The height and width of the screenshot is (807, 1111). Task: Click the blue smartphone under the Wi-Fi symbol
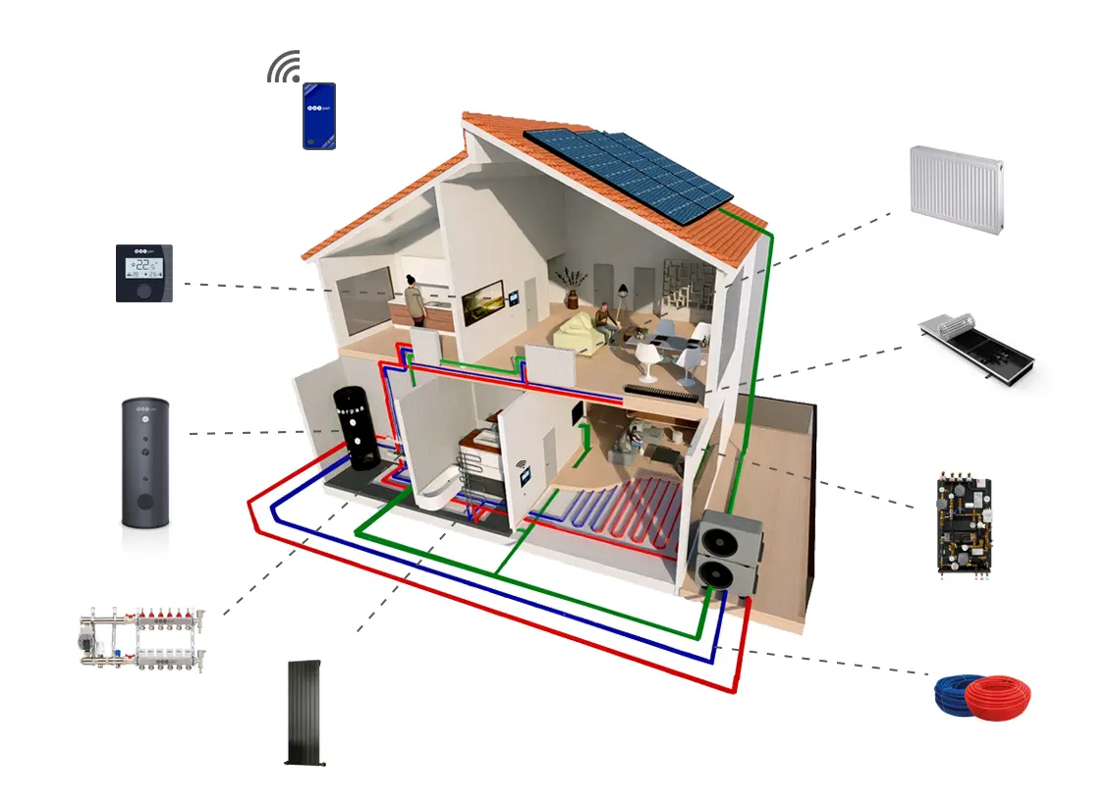pos(319,116)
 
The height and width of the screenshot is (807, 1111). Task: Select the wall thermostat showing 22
pos(144,272)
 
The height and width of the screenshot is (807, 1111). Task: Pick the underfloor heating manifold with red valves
pos(142,640)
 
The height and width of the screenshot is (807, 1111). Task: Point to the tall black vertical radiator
pos(306,713)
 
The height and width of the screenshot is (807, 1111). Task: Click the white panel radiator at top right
pos(956,189)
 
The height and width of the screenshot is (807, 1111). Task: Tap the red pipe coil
pos(999,698)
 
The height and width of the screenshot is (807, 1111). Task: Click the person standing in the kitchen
pos(416,300)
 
